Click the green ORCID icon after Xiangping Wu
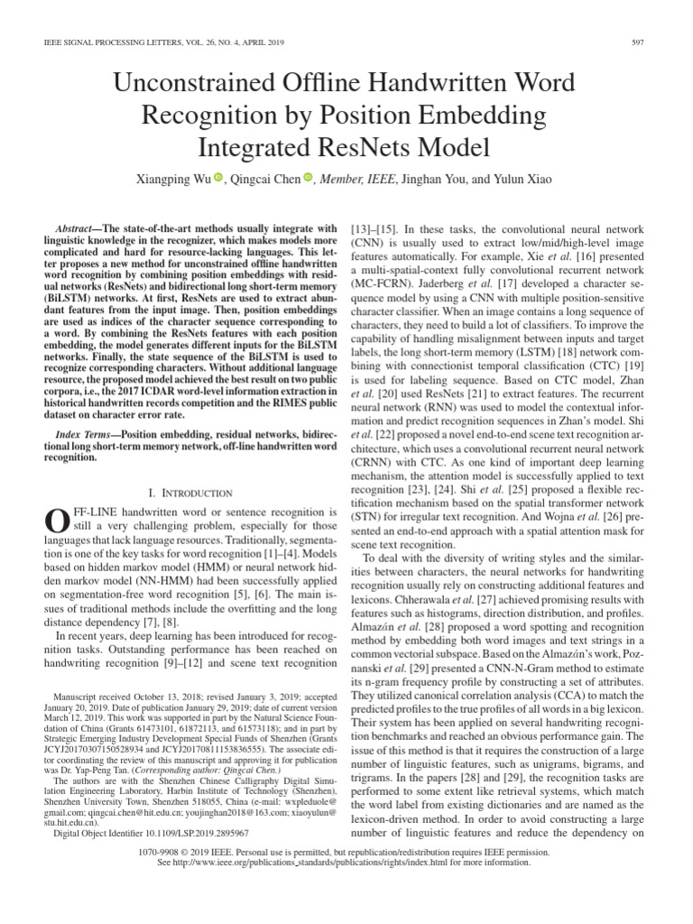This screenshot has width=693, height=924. [x=217, y=179]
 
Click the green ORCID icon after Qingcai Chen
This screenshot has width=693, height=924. [x=308, y=179]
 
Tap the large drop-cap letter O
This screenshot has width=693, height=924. [x=55, y=522]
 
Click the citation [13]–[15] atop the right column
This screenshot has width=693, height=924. [x=377, y=229]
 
